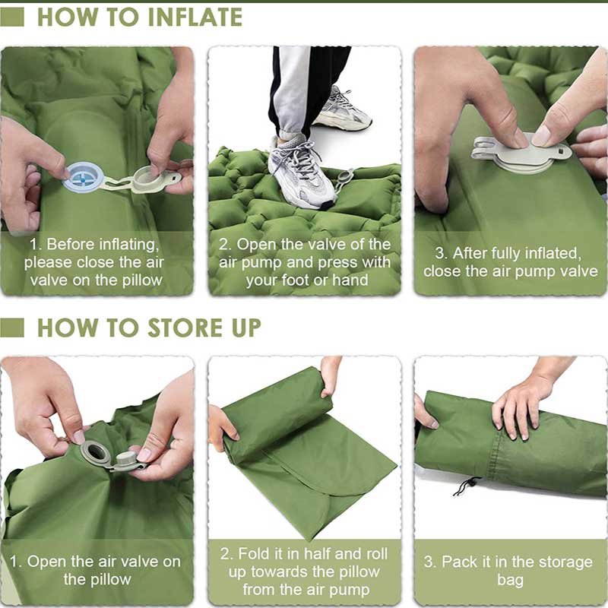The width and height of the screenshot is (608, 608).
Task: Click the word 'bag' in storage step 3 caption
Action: (x=510, y=580)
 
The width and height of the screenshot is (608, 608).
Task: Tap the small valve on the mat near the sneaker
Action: (x=344, y=176)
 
